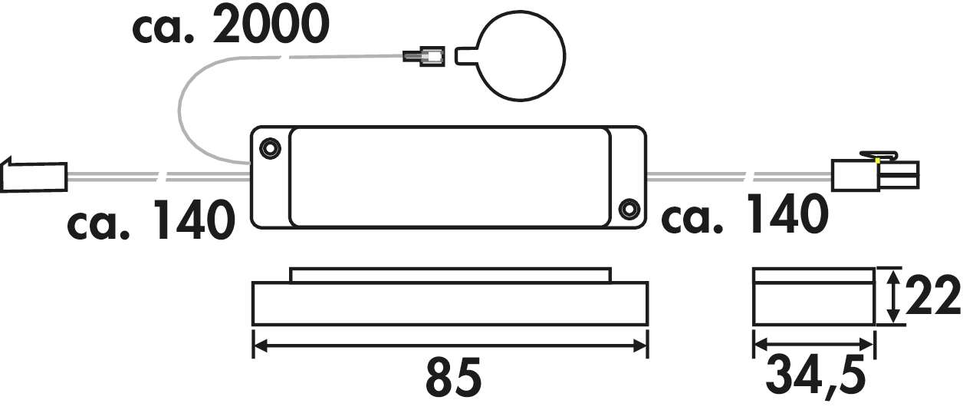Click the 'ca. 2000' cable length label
230,26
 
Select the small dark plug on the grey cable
424,57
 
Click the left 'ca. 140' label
150,221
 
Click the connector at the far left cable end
35,176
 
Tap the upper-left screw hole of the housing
269,147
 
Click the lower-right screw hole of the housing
629,207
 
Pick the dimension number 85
452,377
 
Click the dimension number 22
932,296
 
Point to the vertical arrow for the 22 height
892,296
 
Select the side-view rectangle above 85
450,303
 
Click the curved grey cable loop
184,115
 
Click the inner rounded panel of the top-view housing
450,177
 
